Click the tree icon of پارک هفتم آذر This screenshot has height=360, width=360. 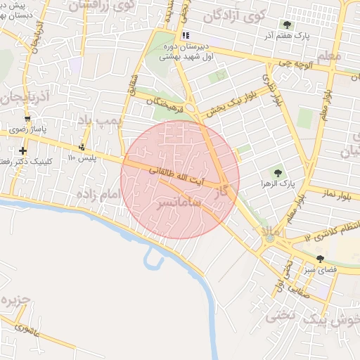tap(285, 25)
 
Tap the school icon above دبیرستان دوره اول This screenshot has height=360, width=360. tap(185, 34)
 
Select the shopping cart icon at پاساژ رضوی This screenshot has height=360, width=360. tap(27, 119)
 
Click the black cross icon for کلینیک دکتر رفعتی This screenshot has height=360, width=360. tap(23, 150)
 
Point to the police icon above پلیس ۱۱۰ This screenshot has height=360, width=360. tap(82, 147)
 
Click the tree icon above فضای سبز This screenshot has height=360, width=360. tap(320, 259)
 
